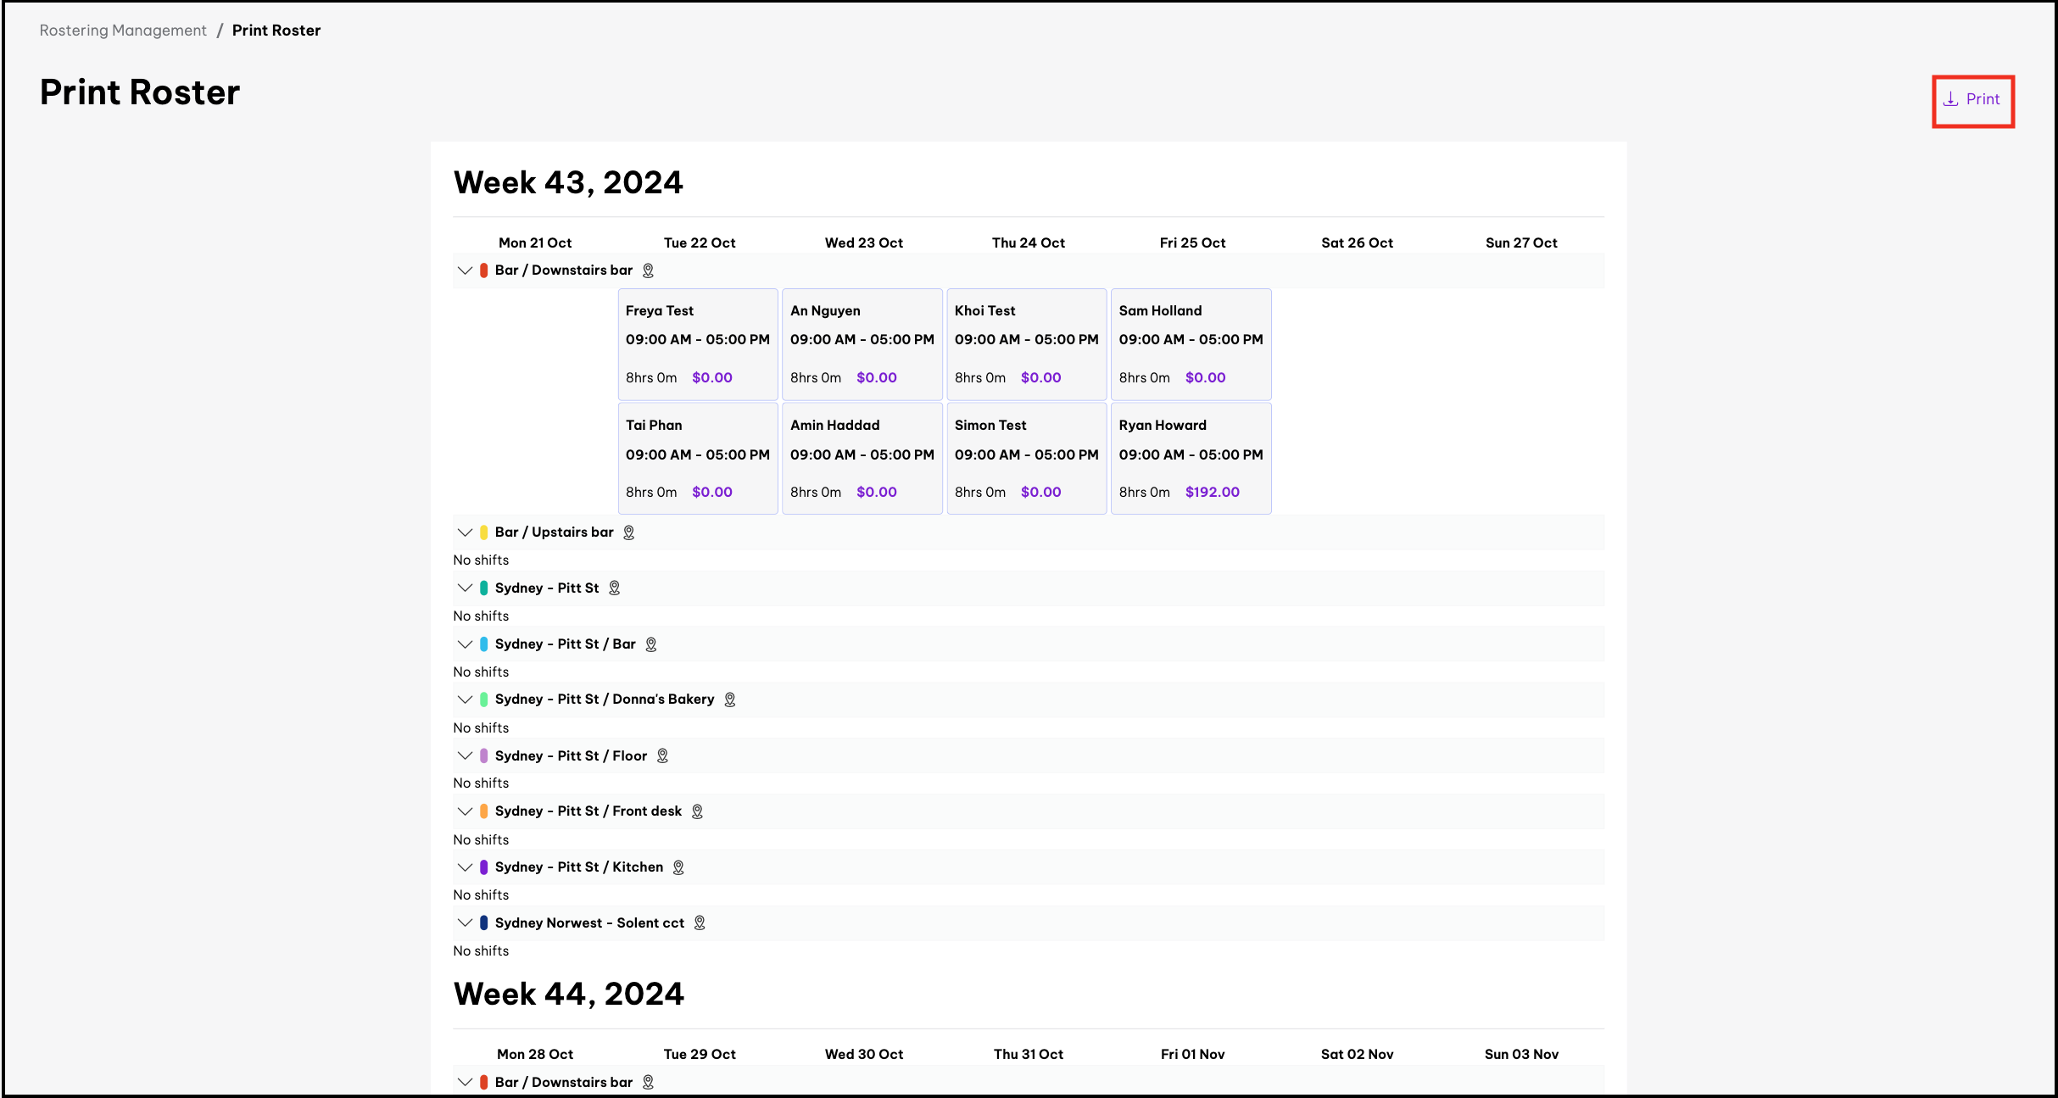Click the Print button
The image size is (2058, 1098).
point(1972,100)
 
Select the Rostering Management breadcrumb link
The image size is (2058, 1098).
point(123,31)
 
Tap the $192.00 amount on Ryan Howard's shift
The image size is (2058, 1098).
point(1212,492)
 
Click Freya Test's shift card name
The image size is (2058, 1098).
point(659,310)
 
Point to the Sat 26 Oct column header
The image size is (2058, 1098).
point(1357,242)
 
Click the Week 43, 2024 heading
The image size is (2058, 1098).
point(568,182)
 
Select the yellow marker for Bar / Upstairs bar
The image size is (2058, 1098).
point(484,532)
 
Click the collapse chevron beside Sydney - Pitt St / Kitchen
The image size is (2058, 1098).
point(465,867)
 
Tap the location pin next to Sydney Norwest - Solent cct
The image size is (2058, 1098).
point(700,922)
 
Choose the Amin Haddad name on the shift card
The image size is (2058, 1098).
point(834,425)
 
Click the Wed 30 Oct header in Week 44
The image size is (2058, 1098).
point(863,1054)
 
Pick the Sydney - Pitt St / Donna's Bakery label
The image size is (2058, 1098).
point(604,699)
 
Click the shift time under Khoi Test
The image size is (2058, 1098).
point(1026,339)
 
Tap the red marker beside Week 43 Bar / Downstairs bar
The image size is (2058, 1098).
point(484,270)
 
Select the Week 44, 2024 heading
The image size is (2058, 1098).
point(568,994)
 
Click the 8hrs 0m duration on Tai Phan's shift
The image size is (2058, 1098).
point(651,492)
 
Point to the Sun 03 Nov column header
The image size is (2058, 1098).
point(1521,1054)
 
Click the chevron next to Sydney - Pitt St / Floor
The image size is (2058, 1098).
point(465,755)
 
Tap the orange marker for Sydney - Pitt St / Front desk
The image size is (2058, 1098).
point(484,811)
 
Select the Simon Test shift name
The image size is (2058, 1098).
point(990,425)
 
